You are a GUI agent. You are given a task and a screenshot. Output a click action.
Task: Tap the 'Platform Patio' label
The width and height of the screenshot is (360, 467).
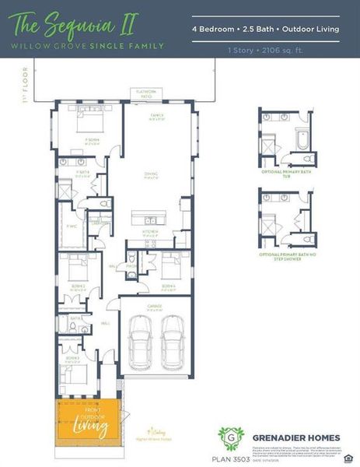(147, 93)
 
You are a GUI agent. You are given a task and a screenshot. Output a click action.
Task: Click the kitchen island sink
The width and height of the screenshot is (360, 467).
(148, 216)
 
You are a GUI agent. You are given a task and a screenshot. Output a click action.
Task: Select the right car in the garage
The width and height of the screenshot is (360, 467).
(172, 338)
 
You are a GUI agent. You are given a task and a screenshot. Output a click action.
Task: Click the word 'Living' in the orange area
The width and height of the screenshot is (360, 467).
(84, 426)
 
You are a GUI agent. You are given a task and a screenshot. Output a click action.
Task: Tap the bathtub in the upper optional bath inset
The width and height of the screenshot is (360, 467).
(303, 141)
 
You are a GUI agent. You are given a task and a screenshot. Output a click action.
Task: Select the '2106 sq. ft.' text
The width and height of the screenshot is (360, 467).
(292, 50)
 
